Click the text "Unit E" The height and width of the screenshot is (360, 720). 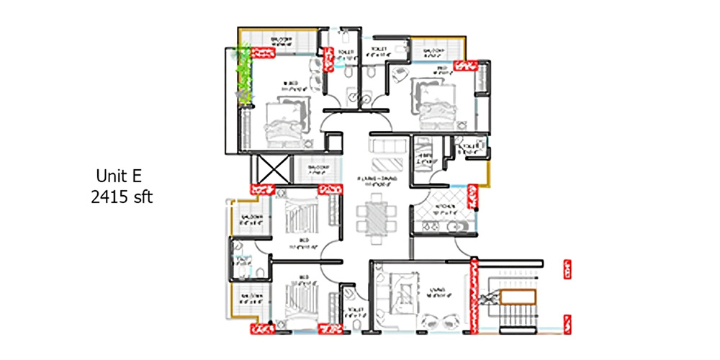(x=121, y=176)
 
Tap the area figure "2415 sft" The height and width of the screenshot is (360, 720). (x=122, y=197)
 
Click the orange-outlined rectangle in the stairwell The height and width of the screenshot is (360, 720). (x=518, y=297)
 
